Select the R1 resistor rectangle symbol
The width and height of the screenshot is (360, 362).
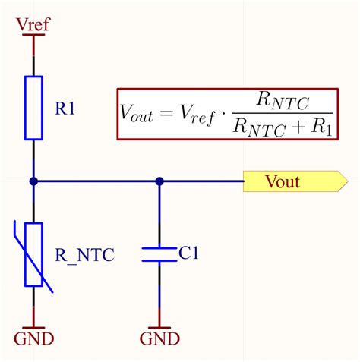[x=33, y=108]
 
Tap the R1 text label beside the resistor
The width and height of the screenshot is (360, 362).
[x=66, y=109]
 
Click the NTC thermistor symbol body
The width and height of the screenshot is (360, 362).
[x=33, y=254]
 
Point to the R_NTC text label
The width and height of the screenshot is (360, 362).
[x=84, y=255]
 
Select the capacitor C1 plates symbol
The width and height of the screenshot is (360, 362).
[x=159, y=254]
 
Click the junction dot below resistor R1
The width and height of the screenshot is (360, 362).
[x=33, y=181]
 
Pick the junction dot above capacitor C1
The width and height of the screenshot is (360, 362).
[x=159, y=181]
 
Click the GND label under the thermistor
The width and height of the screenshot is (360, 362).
[x=33, y=337]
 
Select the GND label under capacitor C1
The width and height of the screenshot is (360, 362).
[x=159, y=337]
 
